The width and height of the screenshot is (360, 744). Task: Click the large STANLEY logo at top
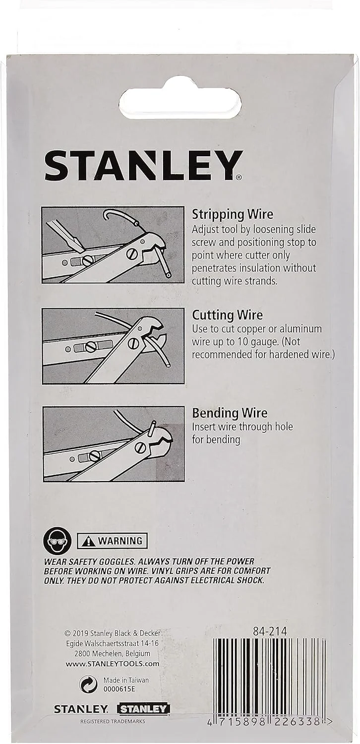click(x=143, y=165)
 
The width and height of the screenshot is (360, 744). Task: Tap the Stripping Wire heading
click(x=233, y=214)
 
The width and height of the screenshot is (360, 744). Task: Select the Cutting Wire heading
click(x=228, y=315)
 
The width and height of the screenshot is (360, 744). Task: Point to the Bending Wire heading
click(x=230, y=413)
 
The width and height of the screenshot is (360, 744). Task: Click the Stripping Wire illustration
click(x=113, y=245)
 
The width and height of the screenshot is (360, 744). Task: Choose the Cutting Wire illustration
click(x=113, y=346)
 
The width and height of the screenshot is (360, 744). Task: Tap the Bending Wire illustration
click(x=114, y=444)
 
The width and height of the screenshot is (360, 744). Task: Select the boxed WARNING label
click(x=112, y=541)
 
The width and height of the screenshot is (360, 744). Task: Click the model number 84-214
click(x=270, y=631)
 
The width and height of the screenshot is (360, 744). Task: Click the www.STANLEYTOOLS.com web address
click(x=112, y=664)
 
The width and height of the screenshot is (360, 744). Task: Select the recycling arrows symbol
click(x=88, y=684)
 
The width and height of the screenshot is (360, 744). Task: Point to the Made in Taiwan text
click(x=126, y=680)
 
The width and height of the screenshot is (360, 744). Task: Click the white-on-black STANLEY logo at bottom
click(x=143, y=708)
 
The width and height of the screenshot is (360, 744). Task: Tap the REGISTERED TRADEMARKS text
click(x=113, y=721)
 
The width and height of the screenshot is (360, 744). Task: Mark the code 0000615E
click(x=119, y=689)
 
